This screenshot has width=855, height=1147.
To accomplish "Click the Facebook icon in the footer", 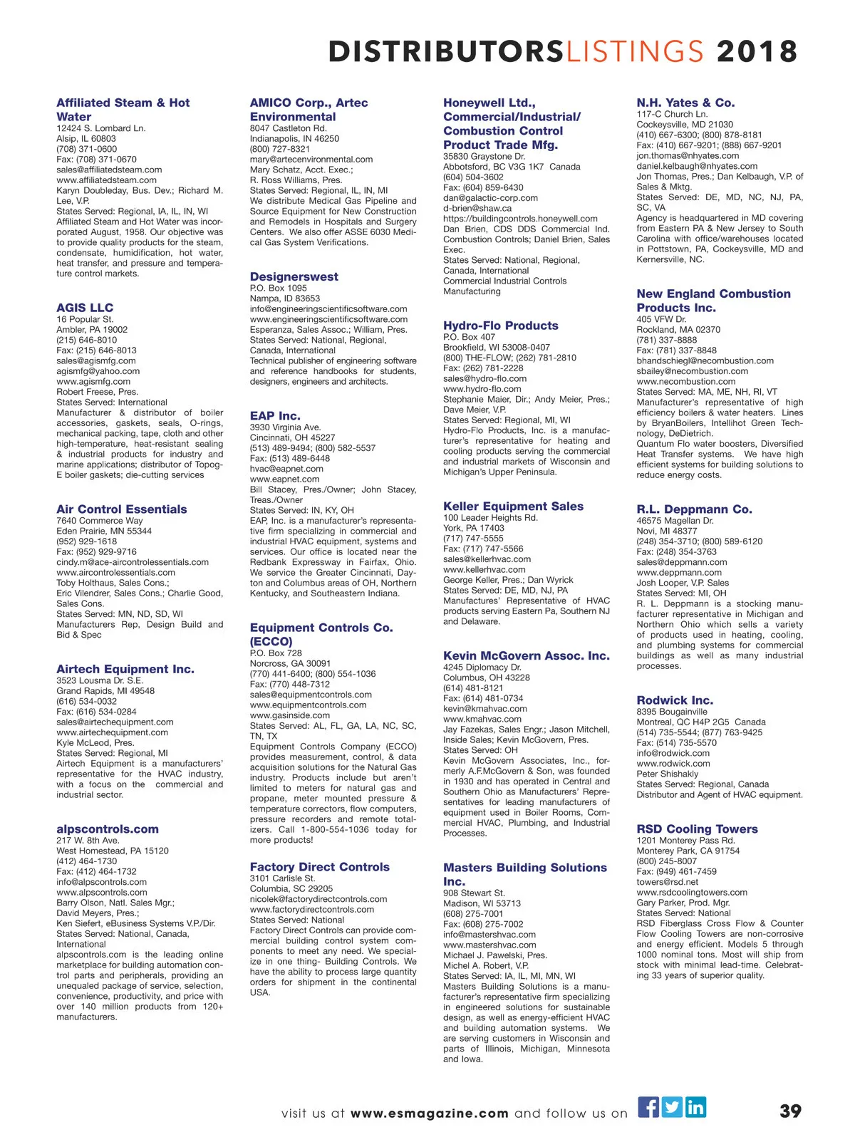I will (648, 1106).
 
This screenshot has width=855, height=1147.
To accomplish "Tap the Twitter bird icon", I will (672, 1106).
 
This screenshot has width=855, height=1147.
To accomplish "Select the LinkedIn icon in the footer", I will (695, 1106).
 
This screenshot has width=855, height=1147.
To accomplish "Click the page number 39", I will (790, 1111).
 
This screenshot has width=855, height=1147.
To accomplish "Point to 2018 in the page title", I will (757, 52).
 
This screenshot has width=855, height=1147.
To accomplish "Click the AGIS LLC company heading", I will (85, 308).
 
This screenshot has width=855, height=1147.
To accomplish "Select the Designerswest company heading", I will (294, 276).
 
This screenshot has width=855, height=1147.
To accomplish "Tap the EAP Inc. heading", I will (275, 415).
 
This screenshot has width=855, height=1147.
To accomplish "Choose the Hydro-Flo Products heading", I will (500, 326).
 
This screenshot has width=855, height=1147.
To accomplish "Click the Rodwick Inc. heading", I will (674, 700).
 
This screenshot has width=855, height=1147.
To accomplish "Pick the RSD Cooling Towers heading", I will (697, 829).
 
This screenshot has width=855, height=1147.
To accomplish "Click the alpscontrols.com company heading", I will (108, 829).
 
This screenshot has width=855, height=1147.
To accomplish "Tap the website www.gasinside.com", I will (289, 715).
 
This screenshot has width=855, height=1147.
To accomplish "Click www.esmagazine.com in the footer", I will (430, 1114).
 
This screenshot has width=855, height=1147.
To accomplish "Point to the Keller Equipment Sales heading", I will (513, 506).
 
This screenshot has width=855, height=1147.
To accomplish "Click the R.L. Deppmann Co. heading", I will (694, 509).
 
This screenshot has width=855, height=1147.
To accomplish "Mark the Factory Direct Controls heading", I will (319, 866).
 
